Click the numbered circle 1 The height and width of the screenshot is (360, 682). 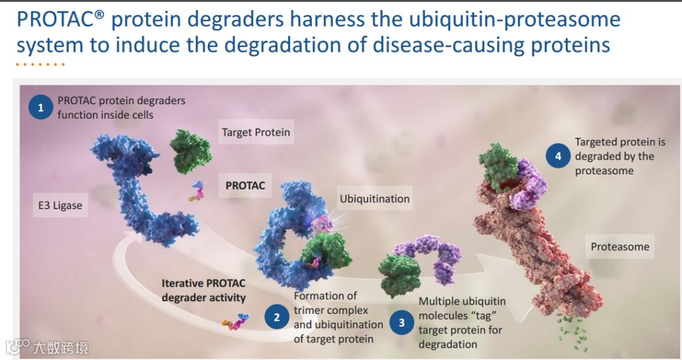pos(40,107)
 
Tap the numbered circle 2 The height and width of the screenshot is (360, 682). pos(277,318)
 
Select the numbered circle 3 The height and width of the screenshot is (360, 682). pos(402,323)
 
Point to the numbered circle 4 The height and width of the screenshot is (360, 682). pos(558,155)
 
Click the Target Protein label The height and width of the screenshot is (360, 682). pos(256,133)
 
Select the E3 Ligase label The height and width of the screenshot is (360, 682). pos(59,205)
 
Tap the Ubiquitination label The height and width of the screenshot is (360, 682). pos(374,199)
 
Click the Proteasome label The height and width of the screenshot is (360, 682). pos(619,247)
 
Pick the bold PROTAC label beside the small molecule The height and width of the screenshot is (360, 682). pos(246,186)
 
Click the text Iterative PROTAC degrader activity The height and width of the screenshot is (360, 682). pos(203,290)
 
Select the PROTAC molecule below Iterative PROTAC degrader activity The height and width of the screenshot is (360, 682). pos(234,324)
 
